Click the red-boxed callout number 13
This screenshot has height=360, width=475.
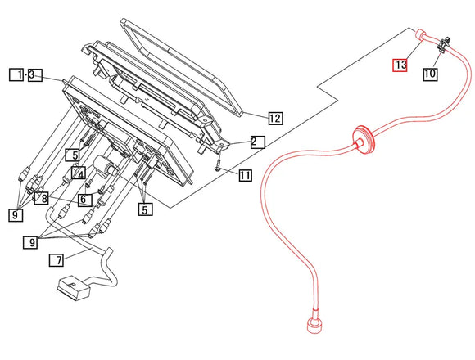(x=400, y=64)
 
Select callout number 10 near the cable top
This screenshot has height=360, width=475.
(x=430, y=74)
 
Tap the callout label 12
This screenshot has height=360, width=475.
(x=274, y=119)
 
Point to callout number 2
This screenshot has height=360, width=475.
(x=257, y=142)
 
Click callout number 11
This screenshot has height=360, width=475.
(x=246, y=175)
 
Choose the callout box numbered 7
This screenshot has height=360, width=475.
(x=56, y=261)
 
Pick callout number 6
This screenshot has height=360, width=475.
(x=84, y=198)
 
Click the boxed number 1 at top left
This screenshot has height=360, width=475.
(x=16, y=75)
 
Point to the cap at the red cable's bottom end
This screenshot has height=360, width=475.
(x=312, y=327)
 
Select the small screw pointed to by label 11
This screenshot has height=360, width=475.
(x=219, y=165)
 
